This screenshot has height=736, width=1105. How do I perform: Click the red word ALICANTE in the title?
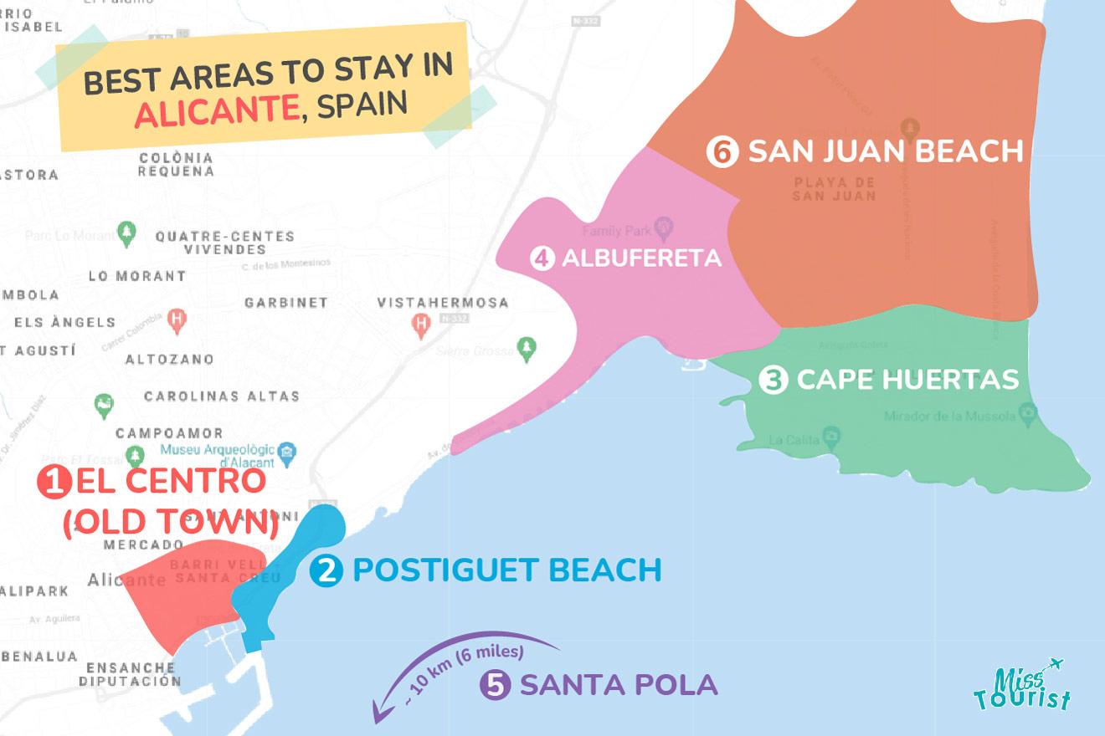pos(217,112)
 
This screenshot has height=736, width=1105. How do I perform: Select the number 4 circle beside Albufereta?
pos(542,258)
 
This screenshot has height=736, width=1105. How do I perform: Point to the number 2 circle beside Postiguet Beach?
pos(326,571)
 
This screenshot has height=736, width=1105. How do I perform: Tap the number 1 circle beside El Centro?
pos(53,483)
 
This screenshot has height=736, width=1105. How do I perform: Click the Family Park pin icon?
pos(664,226)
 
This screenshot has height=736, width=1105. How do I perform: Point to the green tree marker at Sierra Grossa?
pos(526,347)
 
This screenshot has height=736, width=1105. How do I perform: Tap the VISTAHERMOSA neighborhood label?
pos(442,303)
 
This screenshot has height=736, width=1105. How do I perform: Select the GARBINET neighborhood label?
pos(285,303)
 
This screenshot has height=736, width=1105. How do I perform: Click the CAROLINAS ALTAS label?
pos(221,396)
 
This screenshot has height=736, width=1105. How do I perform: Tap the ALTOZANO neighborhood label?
pos(169,360)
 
